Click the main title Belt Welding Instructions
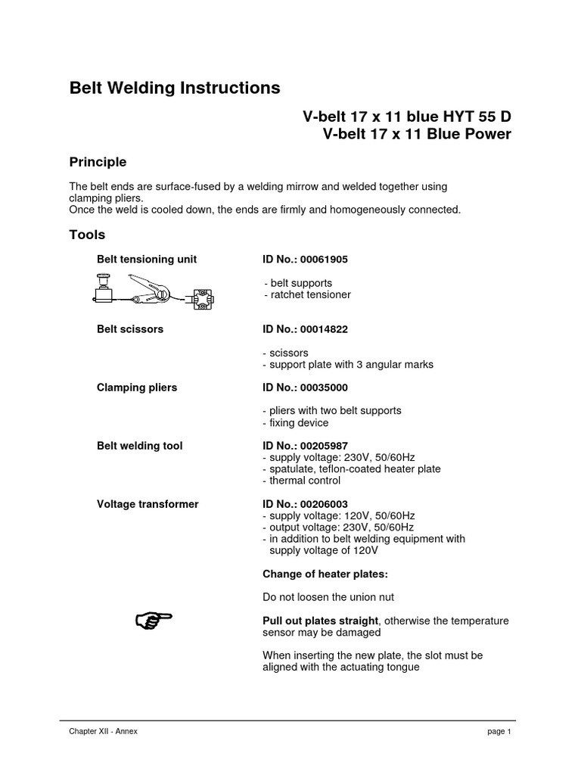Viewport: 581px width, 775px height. pyautogui.click(x=175, y=88)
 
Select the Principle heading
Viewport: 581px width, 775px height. pyautogui.click(x=98, y=162)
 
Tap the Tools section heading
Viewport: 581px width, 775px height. pyautogui.click(x=87, y=235)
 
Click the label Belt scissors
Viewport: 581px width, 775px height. pyautogui.click(x=130, y=329)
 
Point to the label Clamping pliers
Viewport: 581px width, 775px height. pyautogui.click(x=137, y=387)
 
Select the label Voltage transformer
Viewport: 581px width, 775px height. pyautogui.click(x=148, y=503)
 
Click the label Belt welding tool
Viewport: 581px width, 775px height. pyautogui.click(x=139, y=446)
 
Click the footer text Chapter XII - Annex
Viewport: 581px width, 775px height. pyautogui.click(x=103, y=732)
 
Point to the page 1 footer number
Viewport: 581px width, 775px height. pyautogui.click(x=499, y=732)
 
